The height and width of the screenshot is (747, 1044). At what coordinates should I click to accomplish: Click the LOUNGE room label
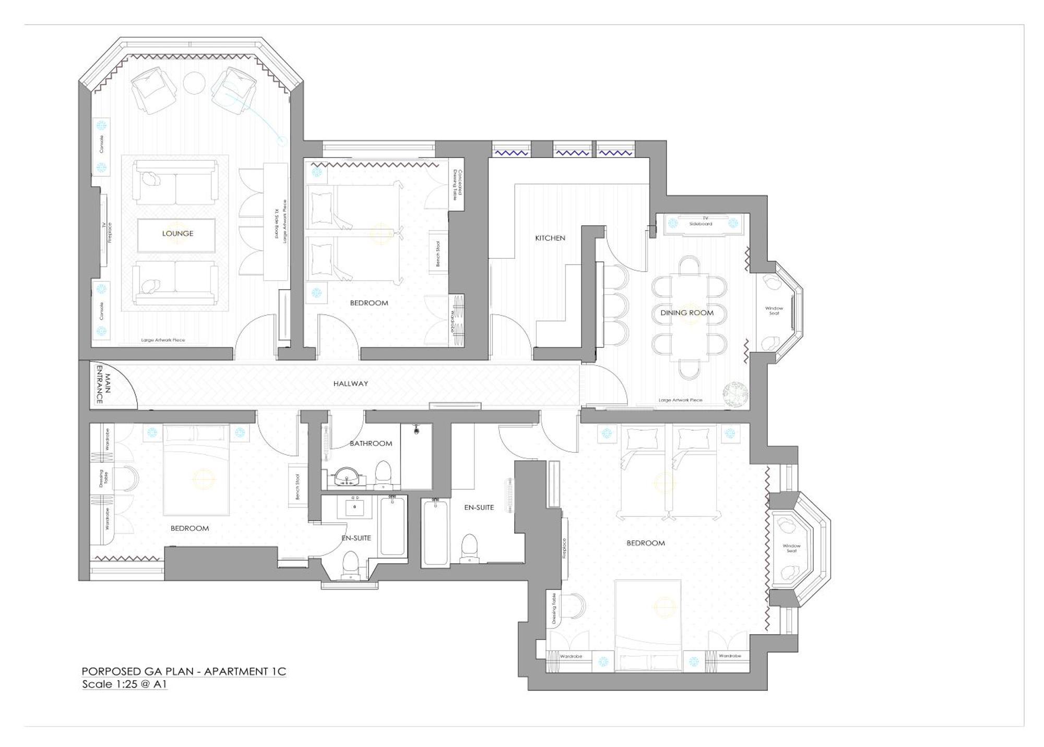pos(177,233)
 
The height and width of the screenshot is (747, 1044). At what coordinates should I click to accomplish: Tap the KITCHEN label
pos(550,238)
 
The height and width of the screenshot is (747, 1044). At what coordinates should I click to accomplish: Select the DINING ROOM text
pos(686,313)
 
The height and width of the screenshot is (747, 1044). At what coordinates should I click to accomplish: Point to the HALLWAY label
pos(351,383)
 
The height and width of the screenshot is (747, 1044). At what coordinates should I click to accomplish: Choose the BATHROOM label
pos(371,443)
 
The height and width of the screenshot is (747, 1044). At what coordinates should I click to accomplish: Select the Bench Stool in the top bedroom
pos(438,254)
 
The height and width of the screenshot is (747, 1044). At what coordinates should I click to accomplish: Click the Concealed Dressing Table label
pos(457,185)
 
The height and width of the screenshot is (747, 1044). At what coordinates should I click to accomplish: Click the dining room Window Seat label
pos(774,311)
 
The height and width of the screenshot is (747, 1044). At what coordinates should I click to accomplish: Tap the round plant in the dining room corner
pos(735,394)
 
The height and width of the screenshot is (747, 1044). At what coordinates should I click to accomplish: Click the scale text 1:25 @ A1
pos(124,684)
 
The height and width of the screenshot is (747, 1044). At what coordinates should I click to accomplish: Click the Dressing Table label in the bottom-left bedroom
pos(103,478)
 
